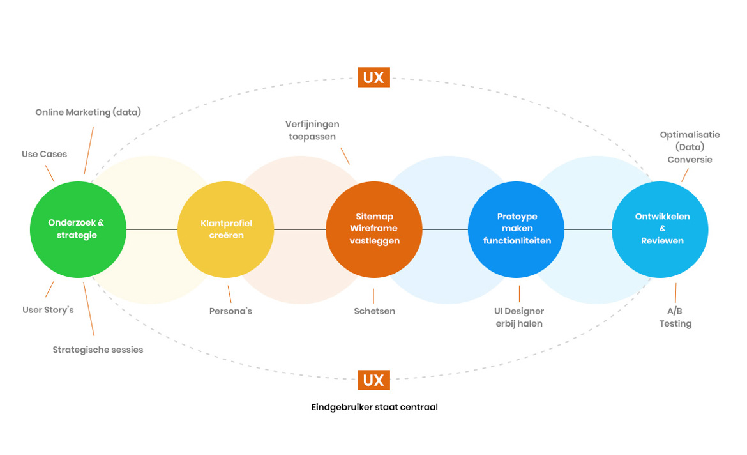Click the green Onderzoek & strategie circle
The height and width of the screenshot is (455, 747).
78,229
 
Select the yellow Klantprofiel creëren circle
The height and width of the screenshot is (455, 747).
226,229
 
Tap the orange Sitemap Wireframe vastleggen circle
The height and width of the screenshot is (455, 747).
374,229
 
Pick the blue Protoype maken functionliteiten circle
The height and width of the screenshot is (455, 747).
517,229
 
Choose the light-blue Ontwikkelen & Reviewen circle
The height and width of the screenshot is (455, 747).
660,229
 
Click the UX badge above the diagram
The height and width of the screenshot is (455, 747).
373,78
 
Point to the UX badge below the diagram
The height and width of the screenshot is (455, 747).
373,380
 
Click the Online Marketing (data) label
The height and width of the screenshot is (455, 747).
88,112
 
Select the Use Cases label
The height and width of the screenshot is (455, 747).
44,154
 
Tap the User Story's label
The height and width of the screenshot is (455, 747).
49,310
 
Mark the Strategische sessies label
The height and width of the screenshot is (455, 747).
98,350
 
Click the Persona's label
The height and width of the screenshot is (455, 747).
230,311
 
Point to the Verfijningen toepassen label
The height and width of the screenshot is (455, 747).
312,130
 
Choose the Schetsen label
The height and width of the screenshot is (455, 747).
375,311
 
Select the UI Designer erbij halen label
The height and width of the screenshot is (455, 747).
519,317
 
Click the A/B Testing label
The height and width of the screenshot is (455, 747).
675,317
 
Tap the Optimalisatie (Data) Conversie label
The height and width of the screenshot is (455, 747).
690,147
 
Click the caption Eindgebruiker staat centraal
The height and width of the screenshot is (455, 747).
375,407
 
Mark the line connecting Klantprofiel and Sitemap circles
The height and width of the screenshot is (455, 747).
300,229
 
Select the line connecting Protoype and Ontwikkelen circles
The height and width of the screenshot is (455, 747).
588,229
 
